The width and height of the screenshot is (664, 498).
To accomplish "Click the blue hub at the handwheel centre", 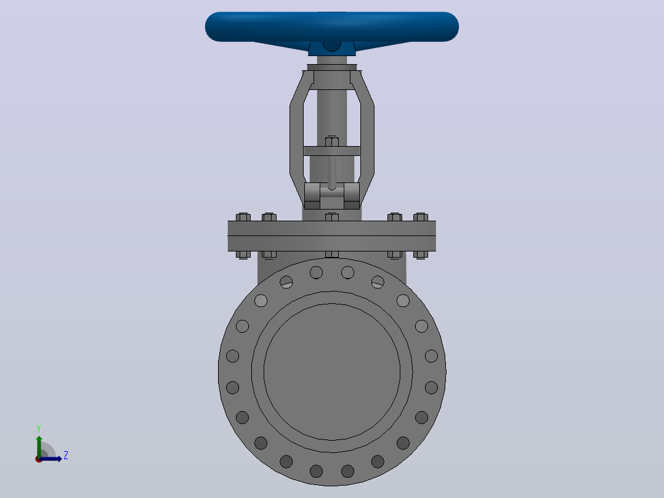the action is tap(331, 47).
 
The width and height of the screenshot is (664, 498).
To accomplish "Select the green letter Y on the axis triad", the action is tap(39, 429).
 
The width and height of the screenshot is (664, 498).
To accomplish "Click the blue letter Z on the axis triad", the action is tap(66, 455).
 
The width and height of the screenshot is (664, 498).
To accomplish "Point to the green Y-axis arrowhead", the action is tap(39, 439).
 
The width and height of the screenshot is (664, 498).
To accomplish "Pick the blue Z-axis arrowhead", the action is tap(59, 459).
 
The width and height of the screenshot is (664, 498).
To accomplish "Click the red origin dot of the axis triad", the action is tap(39, 459).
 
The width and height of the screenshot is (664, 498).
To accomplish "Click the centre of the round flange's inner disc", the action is tap(332, 372).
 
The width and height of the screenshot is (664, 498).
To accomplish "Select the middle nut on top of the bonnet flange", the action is tap(332, 217).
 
